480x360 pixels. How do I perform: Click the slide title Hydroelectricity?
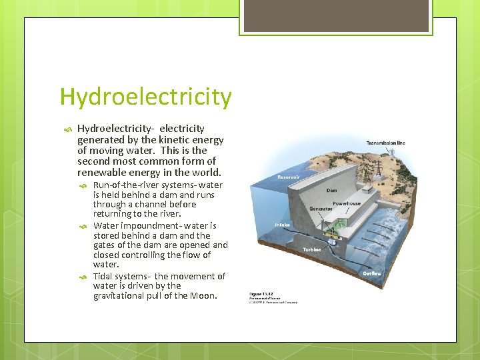[x=145, y=97]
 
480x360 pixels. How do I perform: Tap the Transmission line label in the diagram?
[x=385, y=143]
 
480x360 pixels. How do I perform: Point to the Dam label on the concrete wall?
[x=331, y=190]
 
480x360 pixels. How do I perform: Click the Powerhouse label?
[x=347, y=203]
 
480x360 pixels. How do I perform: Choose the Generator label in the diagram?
[x=321, y=209]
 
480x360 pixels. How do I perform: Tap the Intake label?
[x=283, y=225]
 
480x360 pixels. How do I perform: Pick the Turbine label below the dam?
[x=312, y=250]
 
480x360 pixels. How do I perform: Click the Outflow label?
[x=371, y=273]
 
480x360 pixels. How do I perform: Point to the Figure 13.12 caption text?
[x=260, y=293]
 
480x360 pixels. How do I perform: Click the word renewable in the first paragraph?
[x=101, y=172]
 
